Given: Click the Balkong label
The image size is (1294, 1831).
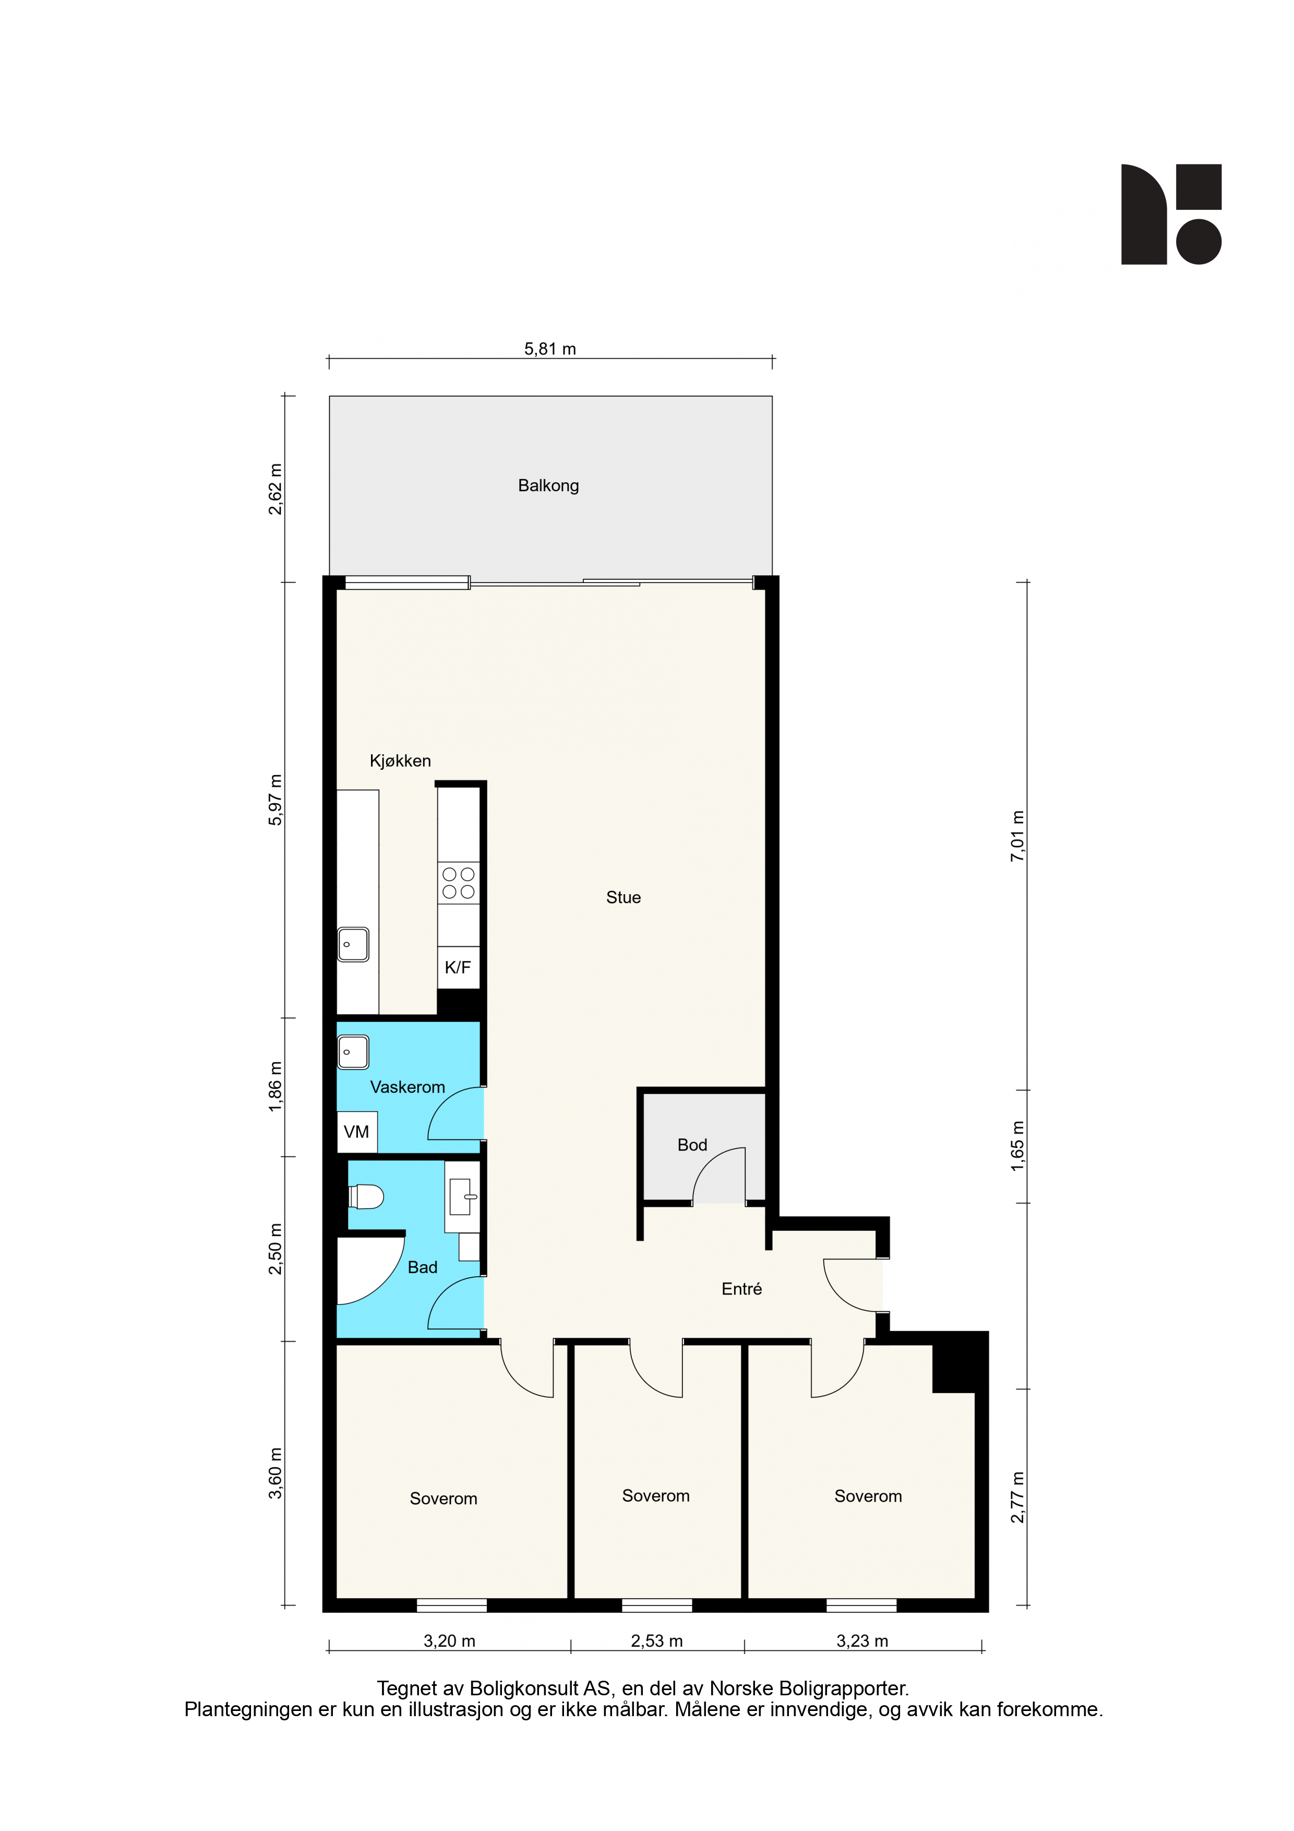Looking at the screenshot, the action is tap(548, 485).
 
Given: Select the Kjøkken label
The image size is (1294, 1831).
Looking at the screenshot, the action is tap(400, 761).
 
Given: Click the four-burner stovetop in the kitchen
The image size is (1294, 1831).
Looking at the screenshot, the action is tap(459, 883).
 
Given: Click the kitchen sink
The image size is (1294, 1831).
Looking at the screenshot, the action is tap(353, 944).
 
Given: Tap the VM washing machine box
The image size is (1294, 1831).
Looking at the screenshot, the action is tap(356, 1132).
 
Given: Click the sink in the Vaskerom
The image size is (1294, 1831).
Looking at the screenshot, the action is tap(353, 1052).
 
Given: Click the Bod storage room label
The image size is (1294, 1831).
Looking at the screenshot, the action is tap(692, 1145).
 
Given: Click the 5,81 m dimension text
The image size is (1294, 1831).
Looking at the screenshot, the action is tap(550, 349).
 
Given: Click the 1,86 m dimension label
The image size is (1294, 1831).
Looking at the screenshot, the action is tap(275, 1086).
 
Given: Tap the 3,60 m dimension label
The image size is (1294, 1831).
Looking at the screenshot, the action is tap(275, 1473).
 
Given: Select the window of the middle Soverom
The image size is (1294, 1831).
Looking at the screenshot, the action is tap(657, 1606).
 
